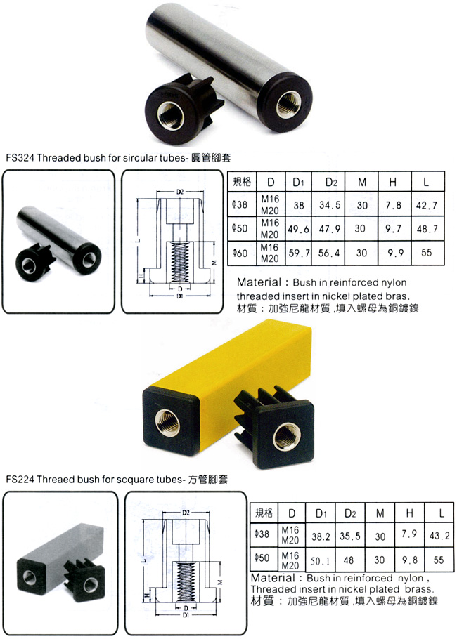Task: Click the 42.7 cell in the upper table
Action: coord(427,205)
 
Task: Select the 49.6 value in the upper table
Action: coord(298,230)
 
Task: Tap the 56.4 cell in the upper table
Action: coord(329,253)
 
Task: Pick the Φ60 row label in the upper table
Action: coord(240,253)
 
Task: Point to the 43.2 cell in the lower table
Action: coord(439,535)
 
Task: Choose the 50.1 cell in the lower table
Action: coord(321,561)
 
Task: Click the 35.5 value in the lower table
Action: coord(350,536)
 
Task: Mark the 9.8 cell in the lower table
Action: coord(410,560)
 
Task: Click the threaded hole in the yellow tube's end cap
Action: coord(168,421)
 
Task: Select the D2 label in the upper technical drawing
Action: coord(180,192)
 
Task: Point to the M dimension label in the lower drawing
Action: coord(220,582)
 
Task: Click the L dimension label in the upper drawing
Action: coord(139,239)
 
